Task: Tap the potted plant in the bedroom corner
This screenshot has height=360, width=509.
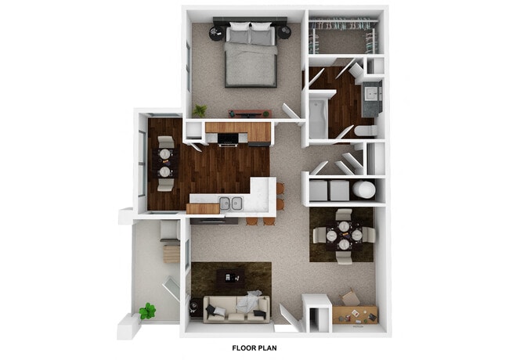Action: (x=200, y=110)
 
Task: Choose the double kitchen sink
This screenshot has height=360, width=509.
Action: (x=229, y=203)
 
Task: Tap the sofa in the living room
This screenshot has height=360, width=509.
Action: (x=236, y=308)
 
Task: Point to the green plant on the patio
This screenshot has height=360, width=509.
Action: (x=147, y=311)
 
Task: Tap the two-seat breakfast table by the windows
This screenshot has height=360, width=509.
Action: (x=164, y=163)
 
